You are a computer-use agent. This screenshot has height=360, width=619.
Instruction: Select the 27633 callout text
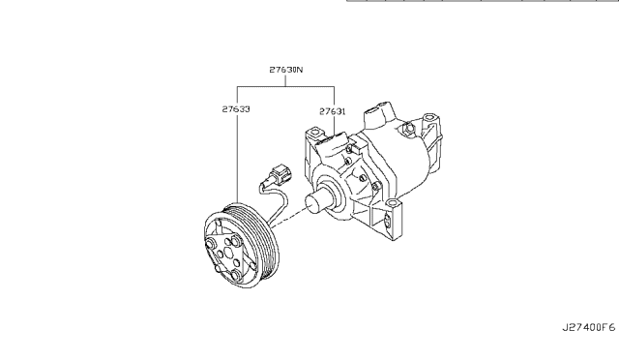pos(237,110)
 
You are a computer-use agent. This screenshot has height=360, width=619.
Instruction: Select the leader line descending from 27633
pos(237,155)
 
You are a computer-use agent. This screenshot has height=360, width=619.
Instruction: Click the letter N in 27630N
pos(300,71)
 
